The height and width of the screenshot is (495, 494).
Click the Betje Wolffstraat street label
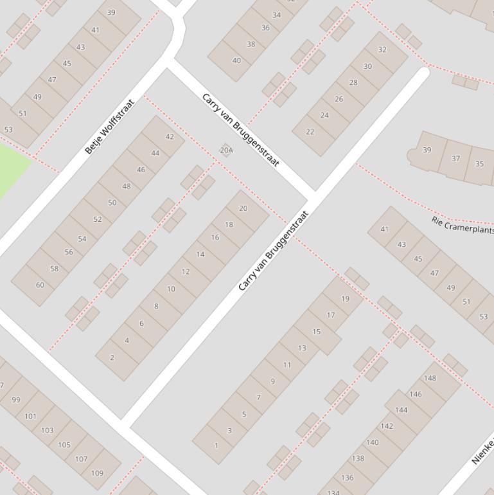click(110, 127)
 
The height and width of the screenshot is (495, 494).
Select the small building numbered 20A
click(226, 150)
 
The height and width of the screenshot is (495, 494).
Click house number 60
click(40, 285)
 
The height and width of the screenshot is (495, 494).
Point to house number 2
click(112, 357)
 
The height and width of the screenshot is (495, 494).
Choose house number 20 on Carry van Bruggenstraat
click(243, 208)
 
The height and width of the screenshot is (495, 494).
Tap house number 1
click(216, 445)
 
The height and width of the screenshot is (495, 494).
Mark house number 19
click(345, 298)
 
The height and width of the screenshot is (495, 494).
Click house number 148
click(430, 378)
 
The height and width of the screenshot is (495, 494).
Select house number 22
click(310, 132)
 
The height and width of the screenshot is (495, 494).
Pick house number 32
click(382, 50)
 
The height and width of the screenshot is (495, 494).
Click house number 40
click(236, 60)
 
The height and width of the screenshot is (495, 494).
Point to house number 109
click(97, 473)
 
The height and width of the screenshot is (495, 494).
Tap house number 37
click(455, 158)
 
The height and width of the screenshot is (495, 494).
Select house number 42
click(170, 136)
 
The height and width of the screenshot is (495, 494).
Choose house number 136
click(347, 478)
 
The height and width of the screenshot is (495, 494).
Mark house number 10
click(171, 289)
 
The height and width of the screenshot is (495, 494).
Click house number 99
click(16, 399)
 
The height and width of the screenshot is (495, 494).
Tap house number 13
click(302, 348)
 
